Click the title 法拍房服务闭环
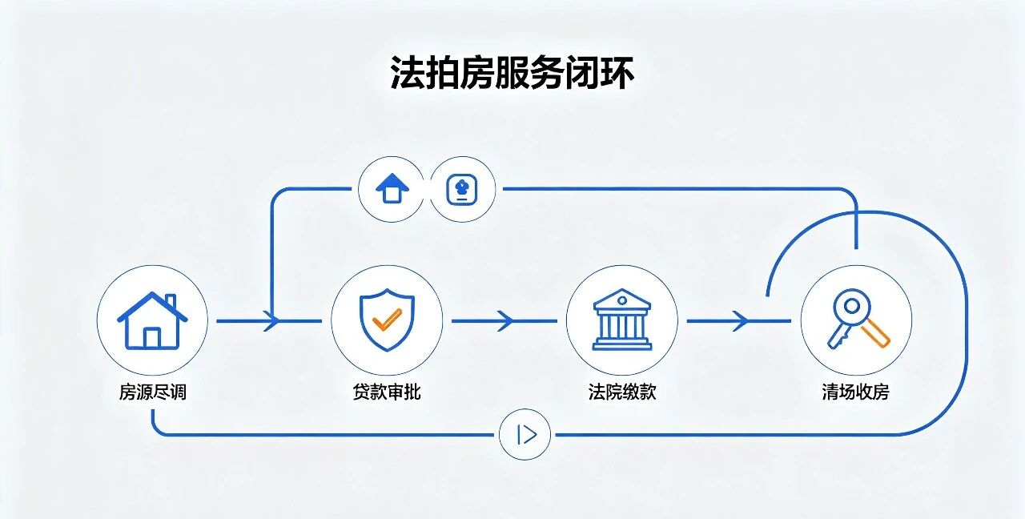(512, 73)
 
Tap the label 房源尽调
(153, 392)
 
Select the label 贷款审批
(387, 392)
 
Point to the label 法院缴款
(622, 392)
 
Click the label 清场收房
(856, 392)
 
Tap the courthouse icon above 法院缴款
(622, 320)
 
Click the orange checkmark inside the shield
(387, 320)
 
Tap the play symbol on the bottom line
(526, 434)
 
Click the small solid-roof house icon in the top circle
(392, 188)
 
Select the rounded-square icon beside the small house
(462, 189)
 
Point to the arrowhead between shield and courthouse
(505, 321)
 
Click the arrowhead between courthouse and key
(741, 321)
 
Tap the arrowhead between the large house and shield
(271, 321)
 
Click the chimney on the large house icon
(171, 301)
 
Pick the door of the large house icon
(152, 338)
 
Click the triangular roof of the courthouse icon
(622, 300)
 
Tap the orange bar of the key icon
(875, 333)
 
